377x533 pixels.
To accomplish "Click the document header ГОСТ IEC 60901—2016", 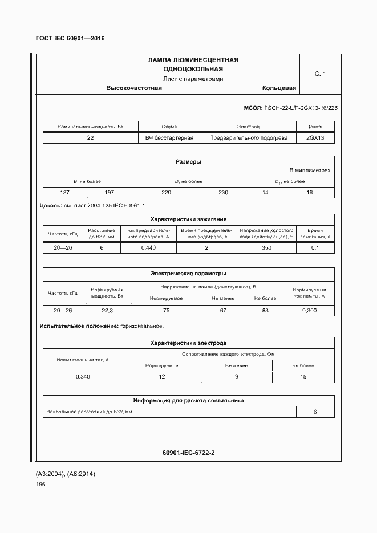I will tap(71, 39).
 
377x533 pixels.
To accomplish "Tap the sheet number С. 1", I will tap(321, 74).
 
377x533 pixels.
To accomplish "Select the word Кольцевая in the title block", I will tap(279, 88).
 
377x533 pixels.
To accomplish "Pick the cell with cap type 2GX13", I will tap(315, 138).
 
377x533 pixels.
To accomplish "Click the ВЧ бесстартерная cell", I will tap(169, 138).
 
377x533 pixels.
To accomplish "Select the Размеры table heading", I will tap(188, 162).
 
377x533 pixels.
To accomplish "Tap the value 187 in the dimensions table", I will tap(66, 193).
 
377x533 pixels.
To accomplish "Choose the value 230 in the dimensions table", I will tap(223, 193).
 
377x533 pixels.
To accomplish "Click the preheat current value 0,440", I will tap(148, 248).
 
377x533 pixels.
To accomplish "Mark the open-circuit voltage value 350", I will tap(266, 248).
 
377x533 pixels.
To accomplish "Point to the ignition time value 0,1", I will tap(315, 248).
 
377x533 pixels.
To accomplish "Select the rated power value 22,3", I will tap(107, 311).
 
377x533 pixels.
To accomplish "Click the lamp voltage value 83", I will tap(265, 311).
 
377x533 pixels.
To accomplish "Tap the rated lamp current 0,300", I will tap(310, 311).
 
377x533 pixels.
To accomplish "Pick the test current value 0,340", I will tap(83, 377).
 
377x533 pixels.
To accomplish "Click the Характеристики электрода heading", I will tap(188, 343).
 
